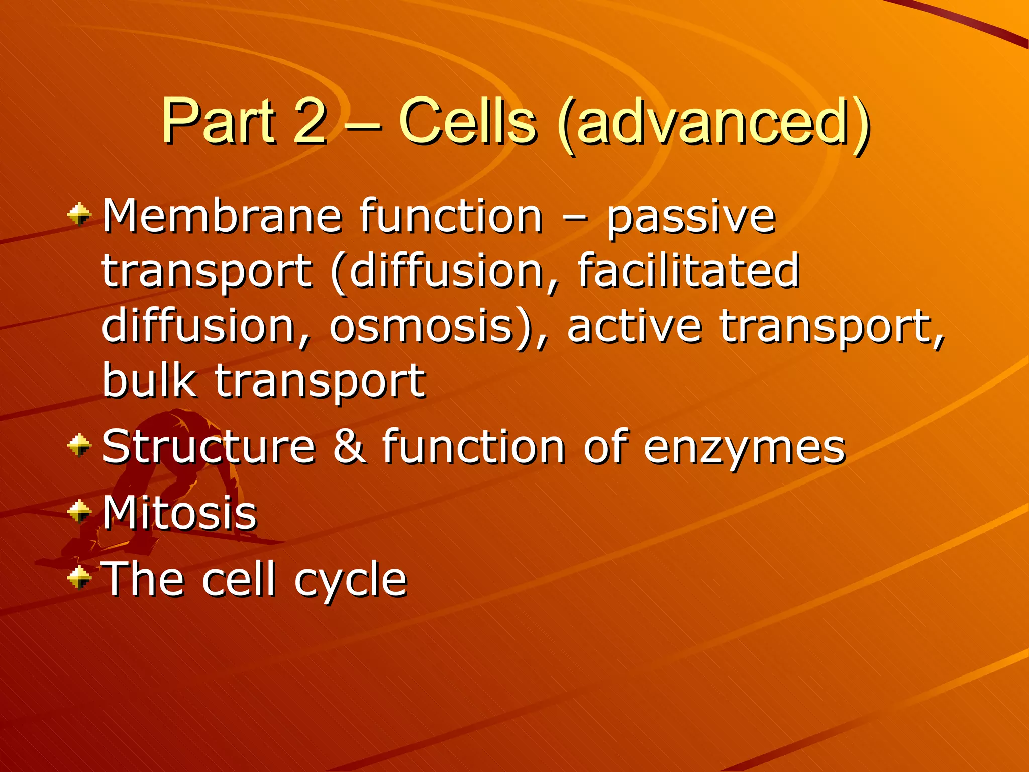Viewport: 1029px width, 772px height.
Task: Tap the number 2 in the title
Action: click(x=310, y=122)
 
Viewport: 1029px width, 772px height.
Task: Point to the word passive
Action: click(x=691, y=219)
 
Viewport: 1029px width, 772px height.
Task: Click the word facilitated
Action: click(x=688, y=271)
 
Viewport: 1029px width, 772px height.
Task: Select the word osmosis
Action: click(x=421, y=327)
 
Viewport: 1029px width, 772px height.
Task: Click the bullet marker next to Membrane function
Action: click(x=79, y=216)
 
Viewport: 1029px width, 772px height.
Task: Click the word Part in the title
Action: click(x=219, y=122)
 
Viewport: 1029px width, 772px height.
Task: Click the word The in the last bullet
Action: click(x=143, y=579)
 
